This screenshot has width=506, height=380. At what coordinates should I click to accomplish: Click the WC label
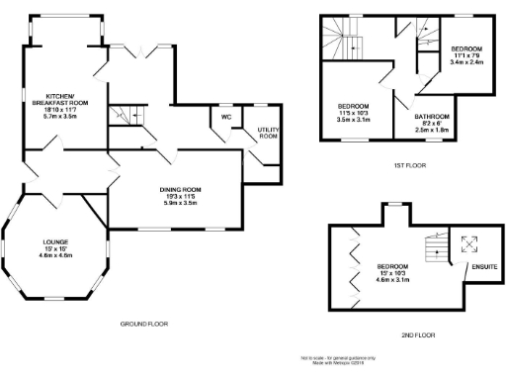click(225, 118)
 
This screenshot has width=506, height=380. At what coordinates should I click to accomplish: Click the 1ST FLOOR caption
click(408, 166)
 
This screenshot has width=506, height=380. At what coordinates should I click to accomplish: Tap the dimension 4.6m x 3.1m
click(393, 280)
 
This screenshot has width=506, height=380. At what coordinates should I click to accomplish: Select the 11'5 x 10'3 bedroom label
click(354, 112)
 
